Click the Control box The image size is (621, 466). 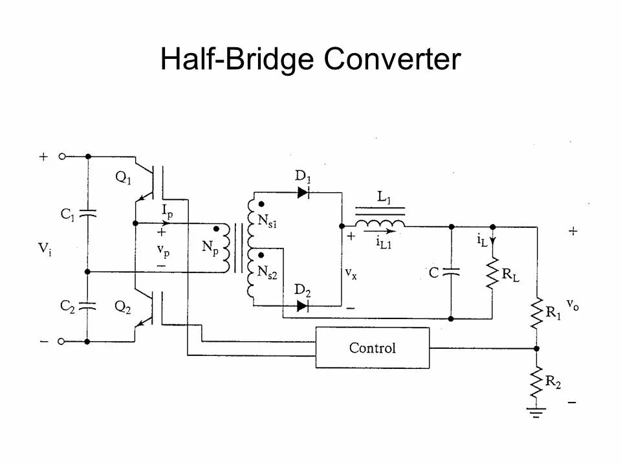tap(373, 348)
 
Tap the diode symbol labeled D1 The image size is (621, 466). tap(303, 192)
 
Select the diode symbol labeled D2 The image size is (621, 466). tap(302, 305)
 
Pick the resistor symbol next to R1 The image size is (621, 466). tap(536, 313)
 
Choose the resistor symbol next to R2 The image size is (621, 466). tap(536, 383)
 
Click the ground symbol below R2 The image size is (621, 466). tap(536, 410)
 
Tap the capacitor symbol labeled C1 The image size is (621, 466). tap(88, 214)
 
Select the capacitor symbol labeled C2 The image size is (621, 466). tap(88, 304)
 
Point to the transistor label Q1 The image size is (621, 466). tap(123, 179)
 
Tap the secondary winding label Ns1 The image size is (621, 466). tap(268, 220)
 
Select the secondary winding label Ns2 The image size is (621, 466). tap(268, 274)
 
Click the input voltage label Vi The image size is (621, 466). tap(45, 249)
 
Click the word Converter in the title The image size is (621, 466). tap(393, 60)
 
